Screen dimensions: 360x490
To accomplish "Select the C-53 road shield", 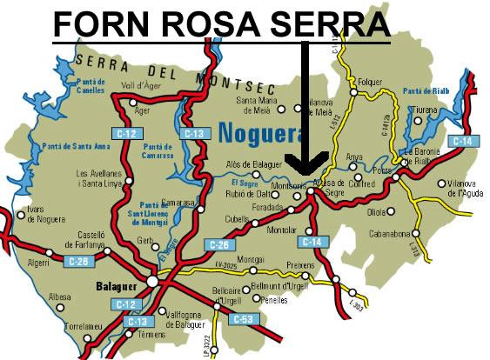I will pos(243,319).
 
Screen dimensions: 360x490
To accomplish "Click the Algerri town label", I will pos(39,262).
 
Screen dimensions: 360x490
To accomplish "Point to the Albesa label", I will pos(60,297).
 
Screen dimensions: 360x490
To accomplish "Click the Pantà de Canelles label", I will pos(91,85).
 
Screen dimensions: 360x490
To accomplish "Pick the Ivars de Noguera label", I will pos(44,214).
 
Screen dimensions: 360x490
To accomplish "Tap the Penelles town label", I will pos(275,299).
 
